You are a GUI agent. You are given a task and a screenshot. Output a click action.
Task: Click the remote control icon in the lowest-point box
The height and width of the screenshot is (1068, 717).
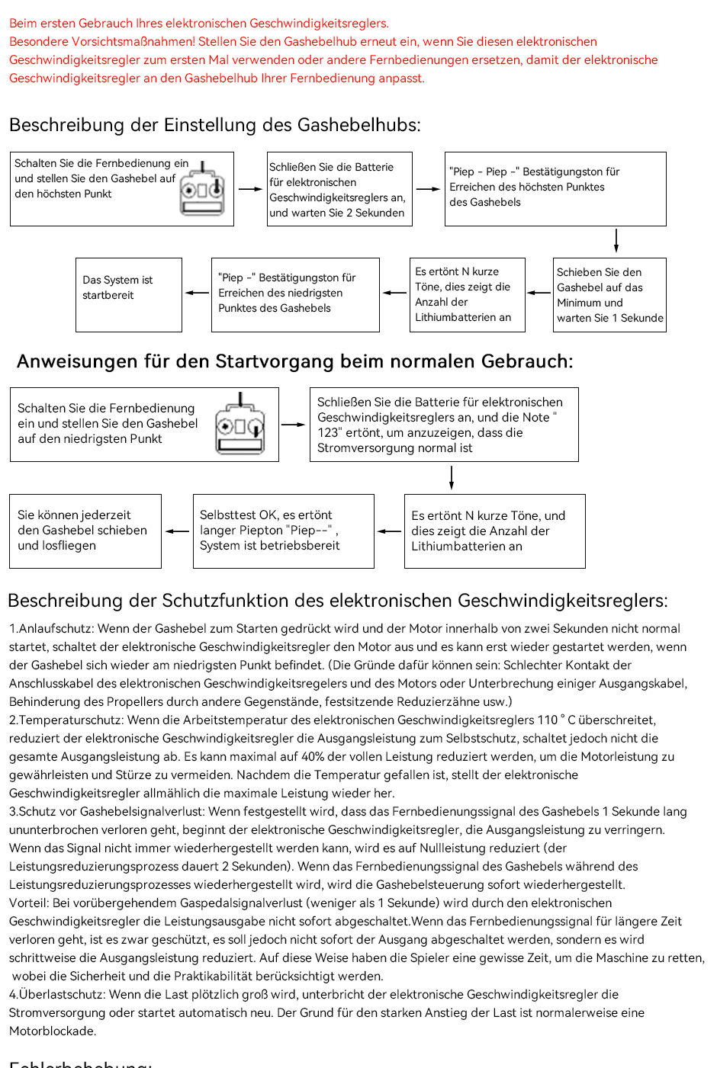[240, 425]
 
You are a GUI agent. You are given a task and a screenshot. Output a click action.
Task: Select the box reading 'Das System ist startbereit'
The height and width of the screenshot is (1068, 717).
[129, 295]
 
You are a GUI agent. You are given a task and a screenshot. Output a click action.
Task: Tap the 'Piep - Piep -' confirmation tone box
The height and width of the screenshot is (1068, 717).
[555, 188]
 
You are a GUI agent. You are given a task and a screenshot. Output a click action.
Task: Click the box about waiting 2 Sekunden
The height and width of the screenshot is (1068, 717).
[339, 189]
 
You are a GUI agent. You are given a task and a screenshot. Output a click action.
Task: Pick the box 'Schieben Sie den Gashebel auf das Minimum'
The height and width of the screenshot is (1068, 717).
[609, 295]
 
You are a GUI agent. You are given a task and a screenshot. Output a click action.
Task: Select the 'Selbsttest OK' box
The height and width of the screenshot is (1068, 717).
[283, 531]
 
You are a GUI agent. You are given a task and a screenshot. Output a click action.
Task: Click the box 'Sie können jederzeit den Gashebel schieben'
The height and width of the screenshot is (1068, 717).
[85, 531]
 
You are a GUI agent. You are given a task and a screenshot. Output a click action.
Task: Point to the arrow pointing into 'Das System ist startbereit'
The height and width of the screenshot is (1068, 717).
[197, 293]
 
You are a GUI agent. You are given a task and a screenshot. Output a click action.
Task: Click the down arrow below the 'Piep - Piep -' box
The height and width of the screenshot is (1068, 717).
[616, 240]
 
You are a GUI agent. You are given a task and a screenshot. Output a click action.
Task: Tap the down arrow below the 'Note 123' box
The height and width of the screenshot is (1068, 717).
[452, 477]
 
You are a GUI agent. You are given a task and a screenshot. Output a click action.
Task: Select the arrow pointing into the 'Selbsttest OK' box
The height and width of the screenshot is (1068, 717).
[389, 531]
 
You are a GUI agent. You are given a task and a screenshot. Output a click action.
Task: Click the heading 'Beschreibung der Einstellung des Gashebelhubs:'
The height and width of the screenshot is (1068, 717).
[214, 125]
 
